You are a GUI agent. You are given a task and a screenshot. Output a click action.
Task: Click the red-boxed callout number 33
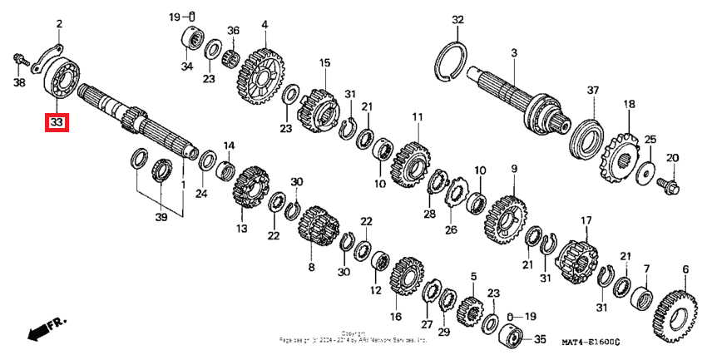tap(57, 123)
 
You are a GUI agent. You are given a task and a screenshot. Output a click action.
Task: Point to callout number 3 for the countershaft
tap(514, 53)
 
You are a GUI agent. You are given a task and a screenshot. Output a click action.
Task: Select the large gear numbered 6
tap(675, 317)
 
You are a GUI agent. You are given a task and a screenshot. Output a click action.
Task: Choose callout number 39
tap(161, 218)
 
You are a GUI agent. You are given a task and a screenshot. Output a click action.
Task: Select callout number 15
tap(324, 62)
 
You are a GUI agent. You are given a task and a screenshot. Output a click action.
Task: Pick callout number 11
tap(417, 116)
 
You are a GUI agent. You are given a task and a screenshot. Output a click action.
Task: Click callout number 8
tap(312, 269)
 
